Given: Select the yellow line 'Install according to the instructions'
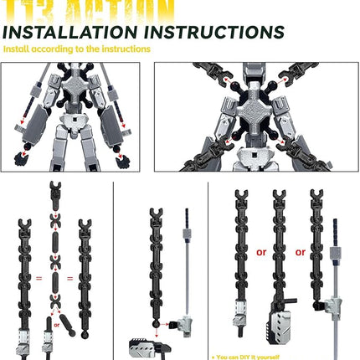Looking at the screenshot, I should coord(77,49).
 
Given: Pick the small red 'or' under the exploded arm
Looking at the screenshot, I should coord(57,320).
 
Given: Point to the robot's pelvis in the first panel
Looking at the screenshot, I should coord(71,134).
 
